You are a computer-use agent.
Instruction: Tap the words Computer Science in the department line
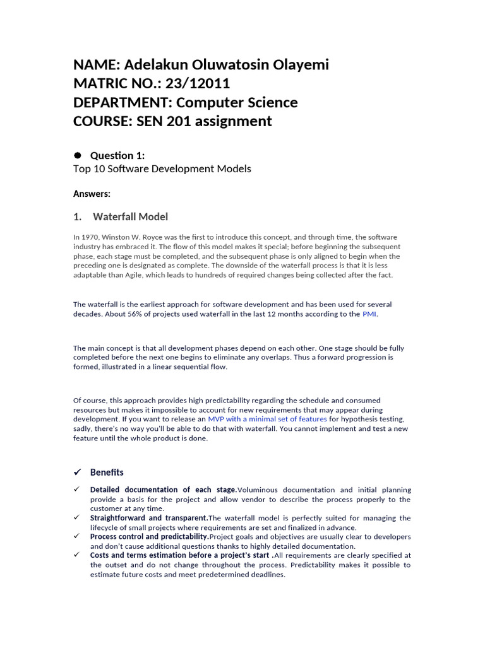(237, 102)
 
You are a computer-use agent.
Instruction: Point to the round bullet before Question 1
(78, 155)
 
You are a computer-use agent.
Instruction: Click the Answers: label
(92, 194)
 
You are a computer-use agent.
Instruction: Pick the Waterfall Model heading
(130, 217)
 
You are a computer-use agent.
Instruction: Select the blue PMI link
(369, 314)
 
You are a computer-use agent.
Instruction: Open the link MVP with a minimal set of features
(267, 419)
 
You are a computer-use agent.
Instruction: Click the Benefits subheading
(107, 472)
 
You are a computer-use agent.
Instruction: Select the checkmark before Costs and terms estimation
(76, 555)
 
